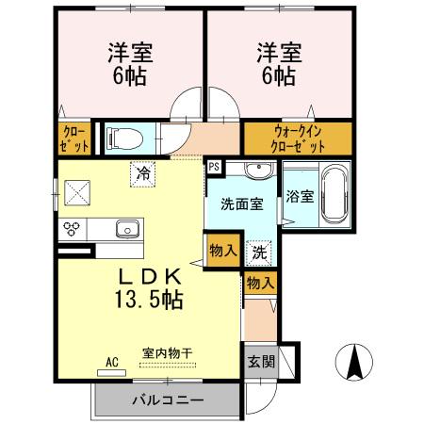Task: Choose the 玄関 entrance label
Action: coord(261,361)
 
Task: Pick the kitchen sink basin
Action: coord(126,228)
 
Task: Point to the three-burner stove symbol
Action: coord(73,228)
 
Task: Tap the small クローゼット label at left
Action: coord(75,139)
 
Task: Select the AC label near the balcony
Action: coord(111,361)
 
